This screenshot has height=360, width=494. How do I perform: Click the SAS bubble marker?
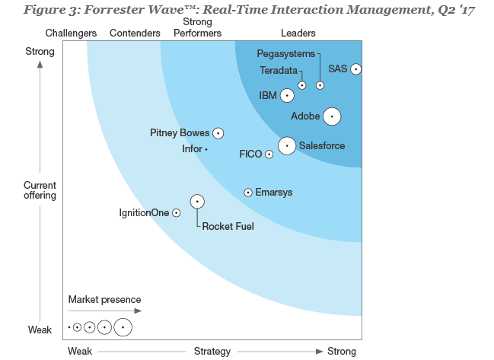355,68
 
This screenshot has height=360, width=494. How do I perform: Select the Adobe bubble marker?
331,116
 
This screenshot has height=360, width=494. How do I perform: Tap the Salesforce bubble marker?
287,145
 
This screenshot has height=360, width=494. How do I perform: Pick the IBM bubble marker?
287,95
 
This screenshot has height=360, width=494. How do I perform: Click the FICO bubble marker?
269,154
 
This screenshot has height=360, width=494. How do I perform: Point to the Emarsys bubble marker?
248,193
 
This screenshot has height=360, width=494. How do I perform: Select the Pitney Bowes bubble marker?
218,133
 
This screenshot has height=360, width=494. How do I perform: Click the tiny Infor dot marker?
206,149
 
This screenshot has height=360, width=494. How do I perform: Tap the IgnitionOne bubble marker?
177,213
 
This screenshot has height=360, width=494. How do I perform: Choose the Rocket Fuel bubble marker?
197,202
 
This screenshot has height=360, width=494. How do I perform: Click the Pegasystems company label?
285,54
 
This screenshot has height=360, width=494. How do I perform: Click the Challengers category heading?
71,33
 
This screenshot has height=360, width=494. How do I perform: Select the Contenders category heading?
135,33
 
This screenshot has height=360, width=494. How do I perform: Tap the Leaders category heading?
298,33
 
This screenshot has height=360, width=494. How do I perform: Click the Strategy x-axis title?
212,351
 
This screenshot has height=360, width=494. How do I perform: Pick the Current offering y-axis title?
40,190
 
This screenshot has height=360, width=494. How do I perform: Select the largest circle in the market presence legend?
123,327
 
